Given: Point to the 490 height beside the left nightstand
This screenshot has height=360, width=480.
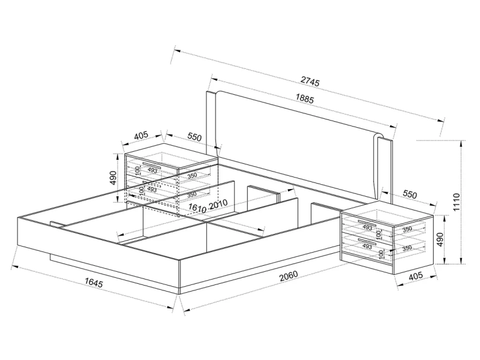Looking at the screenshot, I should pyautogui.click(x=113, y=178).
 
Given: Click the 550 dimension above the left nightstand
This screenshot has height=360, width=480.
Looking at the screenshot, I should pyautogui.click(x=193, y=137).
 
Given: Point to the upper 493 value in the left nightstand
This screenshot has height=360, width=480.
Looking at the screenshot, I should pyautogui.click(x=152, y=170).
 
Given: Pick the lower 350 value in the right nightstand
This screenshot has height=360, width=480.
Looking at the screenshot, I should pyautogui.click(x=406, y=247).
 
